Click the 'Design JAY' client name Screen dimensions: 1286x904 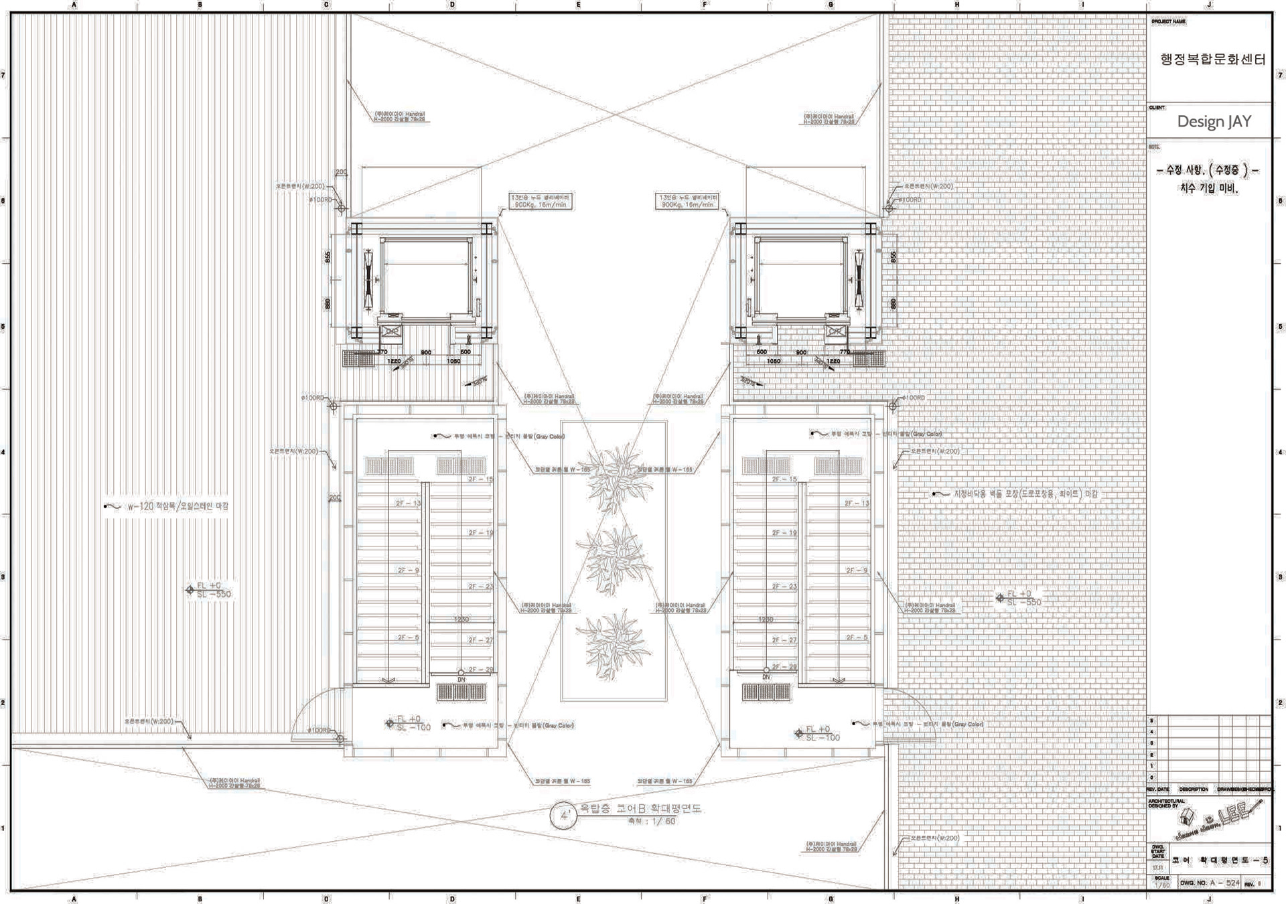(x=1214, y=121)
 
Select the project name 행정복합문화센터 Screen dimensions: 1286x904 (x=1212, y=60)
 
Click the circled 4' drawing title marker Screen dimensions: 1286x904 (x=564, y=816)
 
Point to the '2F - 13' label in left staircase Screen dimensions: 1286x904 (x=408, y=504)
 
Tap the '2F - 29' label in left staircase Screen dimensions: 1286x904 (x=480, y=670)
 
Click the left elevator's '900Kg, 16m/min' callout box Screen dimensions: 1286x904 (x=541, y=202)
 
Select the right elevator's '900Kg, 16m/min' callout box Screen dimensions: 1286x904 (x=688, y=202)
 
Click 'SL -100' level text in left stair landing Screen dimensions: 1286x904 (x=414, y=728)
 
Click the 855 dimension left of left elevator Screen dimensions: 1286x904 (x=328, y=256)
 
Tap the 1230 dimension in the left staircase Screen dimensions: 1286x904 (x=461, y=619)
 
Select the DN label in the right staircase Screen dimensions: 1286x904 (x=766, y=678)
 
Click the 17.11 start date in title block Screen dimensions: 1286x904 (x=1158, y=868)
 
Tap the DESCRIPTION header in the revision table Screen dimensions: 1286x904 (x=1193, y=789)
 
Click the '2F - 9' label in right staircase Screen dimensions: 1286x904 (x=856, y=571)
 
